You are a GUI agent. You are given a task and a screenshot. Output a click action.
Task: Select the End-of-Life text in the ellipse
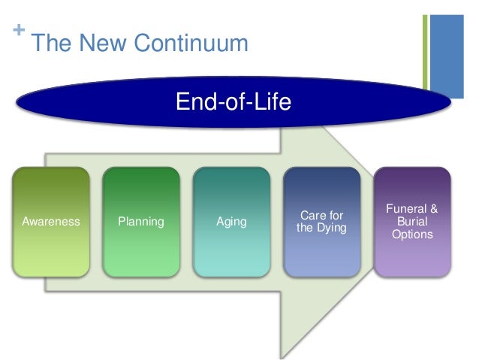(233, 101)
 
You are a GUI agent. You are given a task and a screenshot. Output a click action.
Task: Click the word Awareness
(51, 222)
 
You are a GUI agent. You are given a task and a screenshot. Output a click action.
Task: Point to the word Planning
(141, 222)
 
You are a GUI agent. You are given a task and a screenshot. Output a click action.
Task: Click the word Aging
(231, 222)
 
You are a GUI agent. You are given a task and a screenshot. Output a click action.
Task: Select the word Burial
(412, 222)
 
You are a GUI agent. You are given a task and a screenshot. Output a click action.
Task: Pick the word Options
(412, 234)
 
